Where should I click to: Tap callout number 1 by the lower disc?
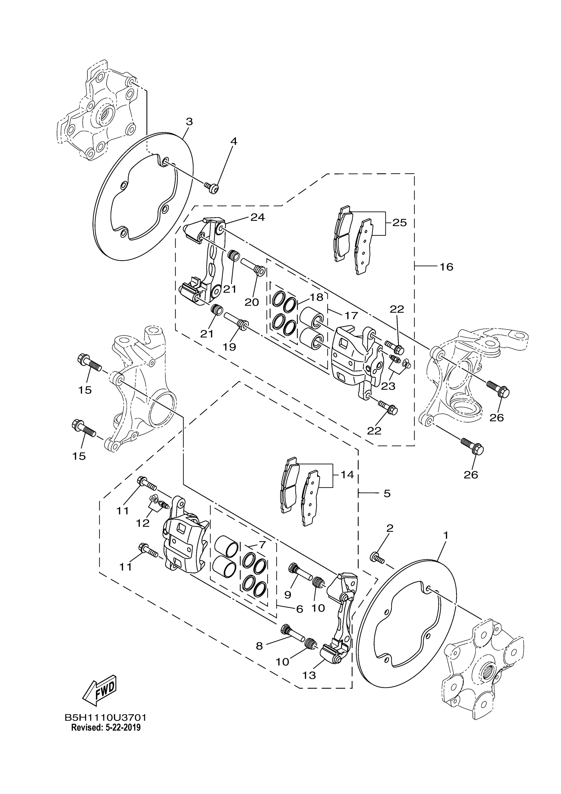[445, 535]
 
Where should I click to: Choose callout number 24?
[257, 217]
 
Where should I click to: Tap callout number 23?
[388, 386]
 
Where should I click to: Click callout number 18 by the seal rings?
[316, 297]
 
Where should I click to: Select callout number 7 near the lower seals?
[262, 545]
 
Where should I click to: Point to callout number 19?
[229, 347]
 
